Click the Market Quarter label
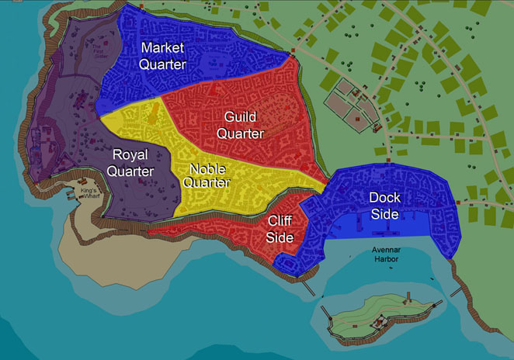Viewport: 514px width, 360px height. (162, 56)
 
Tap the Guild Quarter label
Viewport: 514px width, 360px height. (240, 125)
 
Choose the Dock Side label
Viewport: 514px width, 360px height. (384, 205)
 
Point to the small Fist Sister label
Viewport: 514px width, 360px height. (95, 52)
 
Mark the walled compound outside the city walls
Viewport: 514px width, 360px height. (351, 108)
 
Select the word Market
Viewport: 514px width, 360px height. (162, 47)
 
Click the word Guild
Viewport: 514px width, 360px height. (240, 116)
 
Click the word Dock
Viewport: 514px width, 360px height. (384, 196)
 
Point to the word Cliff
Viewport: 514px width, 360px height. (280, 221)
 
